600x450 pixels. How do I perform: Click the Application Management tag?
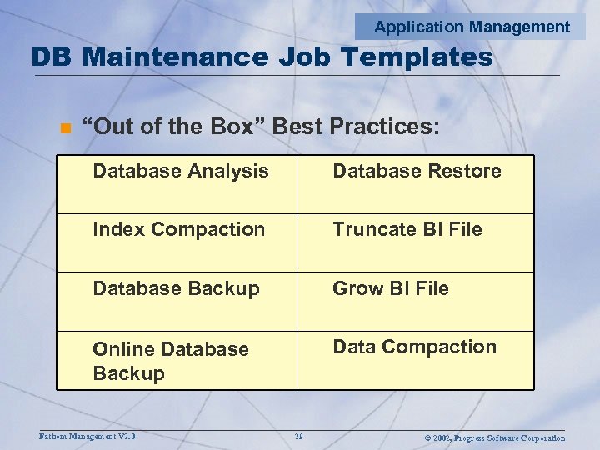pyautogui.click(x=472, y=27)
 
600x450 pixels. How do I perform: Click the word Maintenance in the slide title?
pyautogui.click(x=175, y=57)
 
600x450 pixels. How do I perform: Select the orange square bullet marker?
pyautogui.click(x=63, y=127)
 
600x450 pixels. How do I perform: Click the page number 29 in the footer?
pyautogui.click(x=298, y=437)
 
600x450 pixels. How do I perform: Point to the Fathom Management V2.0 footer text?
pyautogui.click(x=87, y=436)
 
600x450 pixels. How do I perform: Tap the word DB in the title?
pyautogui.click(x=52, y=57)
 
